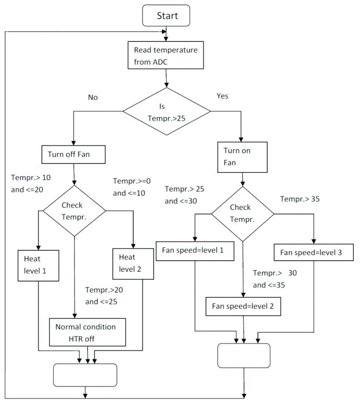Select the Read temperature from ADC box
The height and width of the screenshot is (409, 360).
(x=165, y=55)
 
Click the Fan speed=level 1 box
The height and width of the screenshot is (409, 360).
(x=195, y=250)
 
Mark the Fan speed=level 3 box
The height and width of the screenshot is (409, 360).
(x=313, y=252)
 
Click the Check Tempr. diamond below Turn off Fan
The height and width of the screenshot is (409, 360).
(x=74, y=211)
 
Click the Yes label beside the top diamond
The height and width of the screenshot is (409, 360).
(x=222, y=96)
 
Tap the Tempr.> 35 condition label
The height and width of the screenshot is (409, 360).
(x=300, y=199)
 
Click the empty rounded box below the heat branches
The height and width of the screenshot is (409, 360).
(x=85, y=374)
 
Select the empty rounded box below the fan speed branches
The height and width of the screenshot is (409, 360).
(x=244, y=356)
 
